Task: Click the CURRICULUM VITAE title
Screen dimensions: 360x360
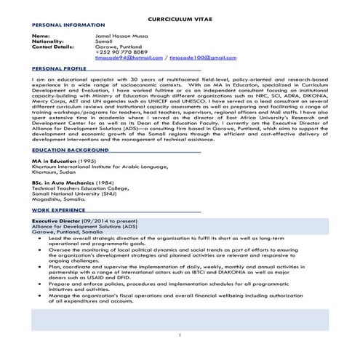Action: [x=180, y=15]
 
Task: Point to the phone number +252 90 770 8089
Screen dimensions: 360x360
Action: [x=121, y=52]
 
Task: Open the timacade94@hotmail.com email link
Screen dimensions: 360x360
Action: [x=128, y=57]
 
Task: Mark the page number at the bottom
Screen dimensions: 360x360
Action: [x=180, y=334]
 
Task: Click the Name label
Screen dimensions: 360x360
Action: [x=41, y=35]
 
